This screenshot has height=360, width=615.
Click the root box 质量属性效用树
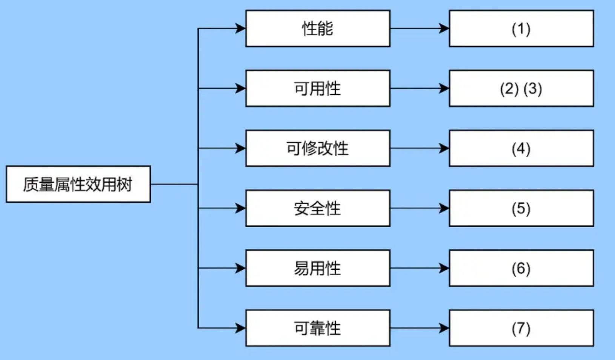point(78,184)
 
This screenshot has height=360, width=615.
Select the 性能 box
point(318,29)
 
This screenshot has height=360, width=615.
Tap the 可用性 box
point(318,88)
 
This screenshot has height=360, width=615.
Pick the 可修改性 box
point(318,148)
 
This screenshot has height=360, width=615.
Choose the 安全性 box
point(318,208)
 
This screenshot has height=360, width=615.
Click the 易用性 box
point(318,268)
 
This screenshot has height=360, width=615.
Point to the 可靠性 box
point(318,328)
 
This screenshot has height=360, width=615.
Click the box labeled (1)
point(521,29)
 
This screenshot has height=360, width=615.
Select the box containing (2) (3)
point(521,88)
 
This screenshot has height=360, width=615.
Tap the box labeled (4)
point(521,148)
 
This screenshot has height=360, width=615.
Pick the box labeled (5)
point(521,208)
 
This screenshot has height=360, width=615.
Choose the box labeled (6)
point(521,268)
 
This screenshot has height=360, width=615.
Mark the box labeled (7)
point(521,328)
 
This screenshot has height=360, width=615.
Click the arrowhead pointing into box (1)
point(444,29)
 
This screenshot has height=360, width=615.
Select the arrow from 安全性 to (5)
point(419,208)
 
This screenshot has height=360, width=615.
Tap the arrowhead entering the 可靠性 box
point(240,328)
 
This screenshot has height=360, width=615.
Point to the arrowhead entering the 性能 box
point(240,29)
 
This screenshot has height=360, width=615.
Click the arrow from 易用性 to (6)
point(419,268)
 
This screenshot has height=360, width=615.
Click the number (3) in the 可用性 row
point(533,89)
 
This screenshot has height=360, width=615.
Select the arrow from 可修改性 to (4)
point(419,148)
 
